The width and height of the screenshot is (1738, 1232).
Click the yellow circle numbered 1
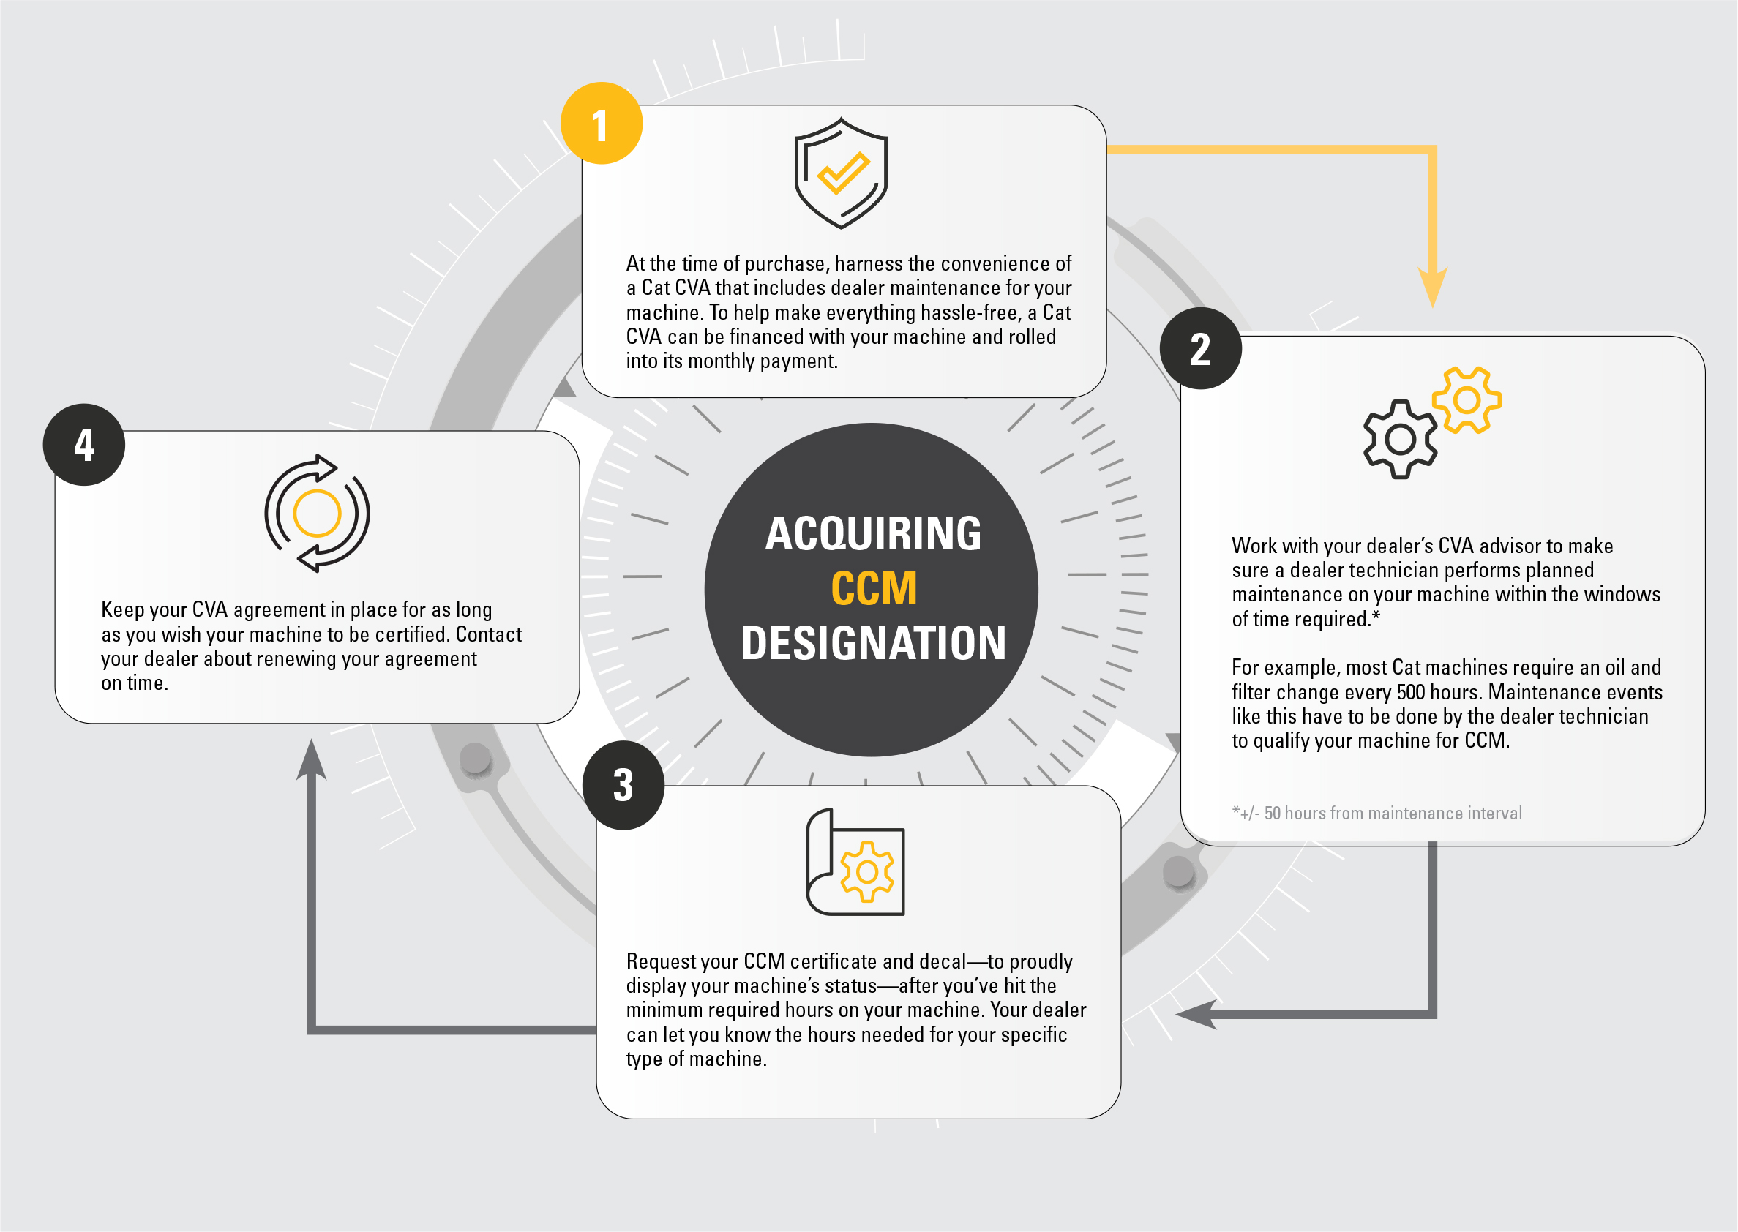point(602,123)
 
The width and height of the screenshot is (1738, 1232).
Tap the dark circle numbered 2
point(1201,349)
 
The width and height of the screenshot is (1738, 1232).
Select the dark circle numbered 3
point(623,785)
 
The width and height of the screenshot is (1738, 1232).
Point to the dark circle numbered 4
point(84,445)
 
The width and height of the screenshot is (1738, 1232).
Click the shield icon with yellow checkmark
point(841,173)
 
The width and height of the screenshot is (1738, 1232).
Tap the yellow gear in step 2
point(1467,399)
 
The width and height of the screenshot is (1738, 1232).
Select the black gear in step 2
point(1401,439)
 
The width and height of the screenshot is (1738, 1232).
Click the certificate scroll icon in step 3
point(855,863)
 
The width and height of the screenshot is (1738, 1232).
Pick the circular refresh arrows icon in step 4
point(317,514)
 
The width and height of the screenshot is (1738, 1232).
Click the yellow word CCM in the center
point(874,589)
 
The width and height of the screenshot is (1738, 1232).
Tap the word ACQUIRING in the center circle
point(873,533)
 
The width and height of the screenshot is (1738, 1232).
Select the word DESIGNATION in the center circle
point(874,643)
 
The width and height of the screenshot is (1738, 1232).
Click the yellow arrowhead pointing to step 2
point(1432,288)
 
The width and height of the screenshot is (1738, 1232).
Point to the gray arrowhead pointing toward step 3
point(1196,1014)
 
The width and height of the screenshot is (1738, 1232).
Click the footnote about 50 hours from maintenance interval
point(1377,814)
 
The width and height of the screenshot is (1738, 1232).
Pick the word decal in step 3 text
point(943,962)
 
